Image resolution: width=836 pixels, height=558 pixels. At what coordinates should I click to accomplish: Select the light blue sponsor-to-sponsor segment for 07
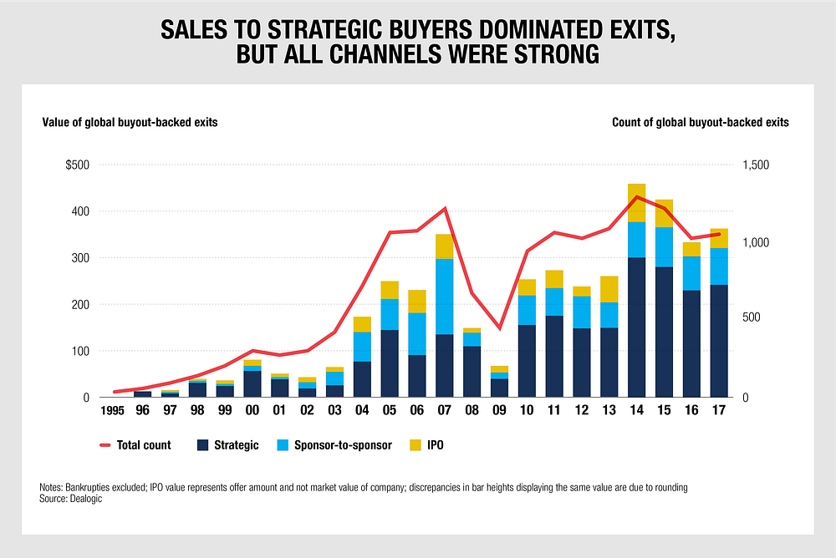pyautogui.click(x=445, y=297)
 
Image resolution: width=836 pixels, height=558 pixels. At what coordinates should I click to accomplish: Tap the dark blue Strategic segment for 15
pyautogui.click(x=665, y=332)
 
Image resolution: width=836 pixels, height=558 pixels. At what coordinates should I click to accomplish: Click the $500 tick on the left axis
pyautogui.click(x=79, y=165)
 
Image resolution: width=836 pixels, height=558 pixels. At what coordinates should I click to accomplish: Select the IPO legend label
pyautogui.click(x=436, y=445)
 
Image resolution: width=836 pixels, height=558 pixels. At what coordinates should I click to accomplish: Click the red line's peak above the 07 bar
pyautogui.click(x=445, y=208)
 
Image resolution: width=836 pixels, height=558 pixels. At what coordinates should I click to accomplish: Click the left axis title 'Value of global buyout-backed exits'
pyautogui.click(x=130, y=122)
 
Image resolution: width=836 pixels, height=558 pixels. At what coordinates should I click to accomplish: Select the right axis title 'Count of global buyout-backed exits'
pyautogui.click(x=701, y=122)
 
